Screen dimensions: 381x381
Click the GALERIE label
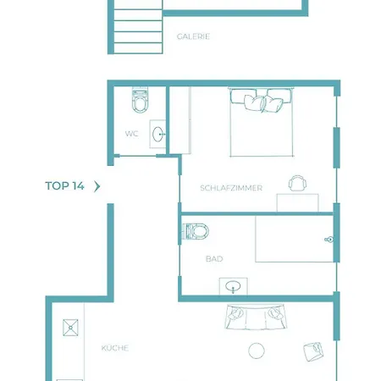pos(193,36)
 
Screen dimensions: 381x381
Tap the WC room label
pos(132,134)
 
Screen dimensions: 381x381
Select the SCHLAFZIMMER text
pos(231,188)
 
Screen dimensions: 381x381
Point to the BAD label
pos(214,259)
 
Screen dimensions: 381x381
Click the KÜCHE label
pos(115,348)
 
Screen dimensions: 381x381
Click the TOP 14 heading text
pos(64,186)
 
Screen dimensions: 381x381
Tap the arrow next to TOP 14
pos(97,186)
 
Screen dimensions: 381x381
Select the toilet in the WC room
pos(140,100)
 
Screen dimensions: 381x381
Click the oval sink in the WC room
pos(158,135)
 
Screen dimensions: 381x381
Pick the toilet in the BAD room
pos(196,231)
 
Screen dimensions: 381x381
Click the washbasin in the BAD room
pos(233,286)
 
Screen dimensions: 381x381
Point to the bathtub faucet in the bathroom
pos(329,240)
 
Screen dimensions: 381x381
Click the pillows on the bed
pos(261,101)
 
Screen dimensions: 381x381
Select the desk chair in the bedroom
pos(297,183)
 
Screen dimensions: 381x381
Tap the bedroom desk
pos(298,203)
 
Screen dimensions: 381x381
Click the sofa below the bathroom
pos(255,317)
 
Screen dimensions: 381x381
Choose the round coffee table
pos(257,351)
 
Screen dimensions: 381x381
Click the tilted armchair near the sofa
pos(313,351)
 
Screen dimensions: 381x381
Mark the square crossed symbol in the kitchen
pos(70,328)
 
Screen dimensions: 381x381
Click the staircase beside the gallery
pos(138,27)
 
